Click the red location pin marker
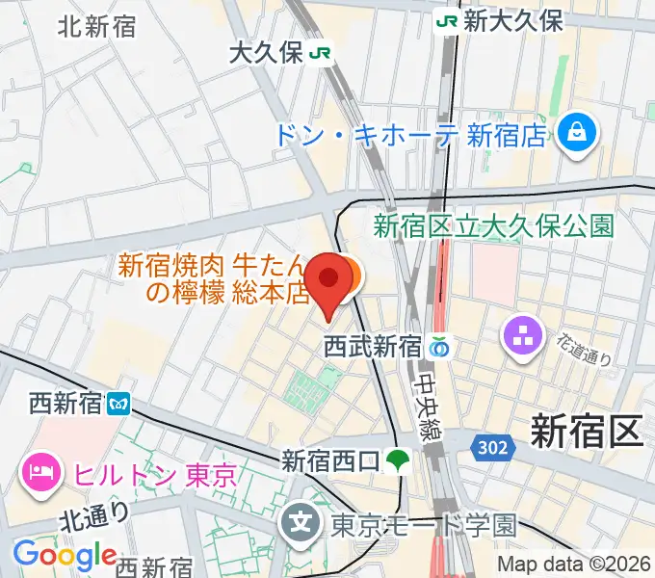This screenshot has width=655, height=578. click(x=329, y=278)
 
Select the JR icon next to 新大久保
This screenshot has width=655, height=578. click(x=447, y=21)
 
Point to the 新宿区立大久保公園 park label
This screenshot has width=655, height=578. click(x=493, y=226)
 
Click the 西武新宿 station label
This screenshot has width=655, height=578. click(x=372, y=345)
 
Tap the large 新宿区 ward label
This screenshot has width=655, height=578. click(x=586, y=433)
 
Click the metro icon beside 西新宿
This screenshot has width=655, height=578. click(x=119, y=403)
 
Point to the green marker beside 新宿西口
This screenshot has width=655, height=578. click(x=396, y=462)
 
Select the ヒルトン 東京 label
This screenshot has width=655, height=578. click(x=154, y=474)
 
